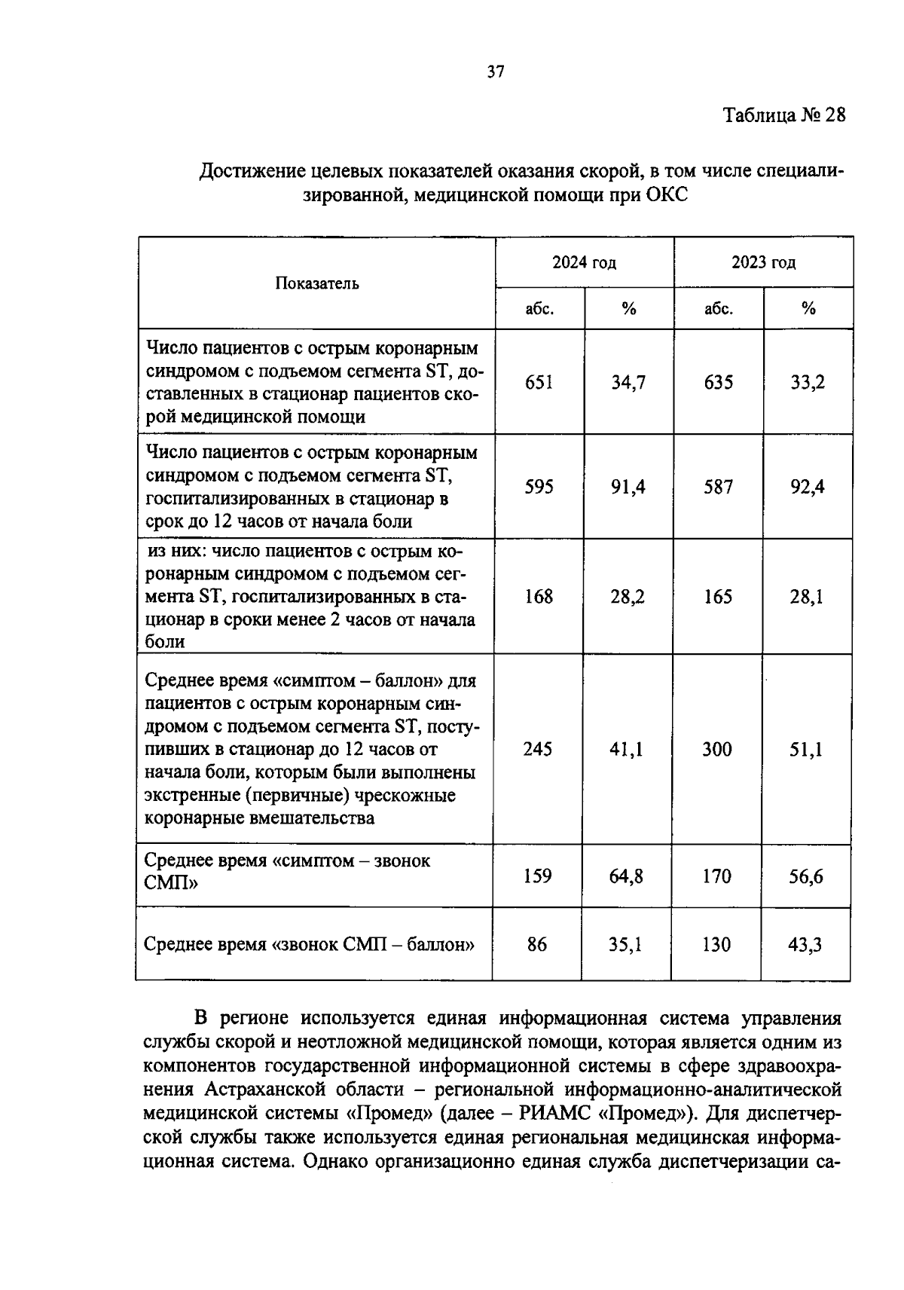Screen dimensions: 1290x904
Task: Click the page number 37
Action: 495,72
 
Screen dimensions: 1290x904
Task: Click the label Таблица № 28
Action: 783,115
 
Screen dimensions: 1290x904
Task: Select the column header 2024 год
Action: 584,262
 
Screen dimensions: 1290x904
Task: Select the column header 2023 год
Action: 763,262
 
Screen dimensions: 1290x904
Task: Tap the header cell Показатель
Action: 316,283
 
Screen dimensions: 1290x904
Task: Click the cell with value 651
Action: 539,382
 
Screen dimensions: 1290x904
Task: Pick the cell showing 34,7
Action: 628,382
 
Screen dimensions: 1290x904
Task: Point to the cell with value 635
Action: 718,382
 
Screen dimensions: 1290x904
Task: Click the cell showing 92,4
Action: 807,487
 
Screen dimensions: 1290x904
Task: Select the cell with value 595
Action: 539,487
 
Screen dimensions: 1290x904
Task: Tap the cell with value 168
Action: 539,597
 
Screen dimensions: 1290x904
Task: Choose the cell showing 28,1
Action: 807,597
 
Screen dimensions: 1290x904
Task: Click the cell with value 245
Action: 537,749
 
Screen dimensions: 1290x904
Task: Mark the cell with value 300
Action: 716,749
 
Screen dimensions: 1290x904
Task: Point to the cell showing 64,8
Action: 626,876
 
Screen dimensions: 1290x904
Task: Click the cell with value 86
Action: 537,944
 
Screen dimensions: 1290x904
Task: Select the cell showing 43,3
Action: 805,944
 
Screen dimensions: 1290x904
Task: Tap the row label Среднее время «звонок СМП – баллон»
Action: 309,944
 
